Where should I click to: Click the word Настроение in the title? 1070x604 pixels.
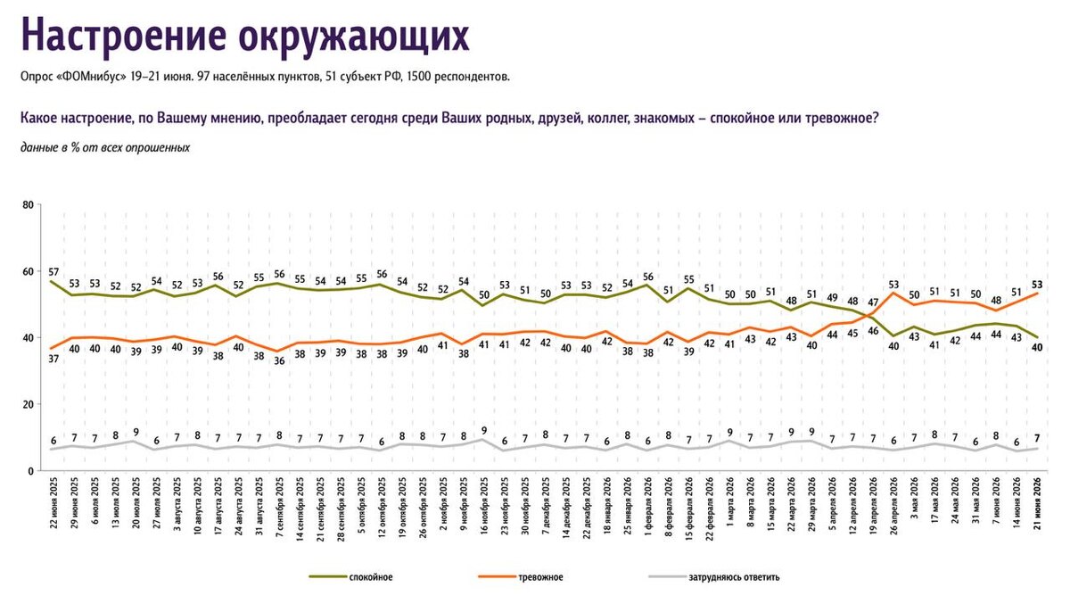pyautogui.click(x=123, y=36)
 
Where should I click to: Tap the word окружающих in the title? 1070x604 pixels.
pyautogui.click(x=354, y=37)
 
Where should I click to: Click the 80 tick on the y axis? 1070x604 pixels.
pyautogui.click(x=29, y=205)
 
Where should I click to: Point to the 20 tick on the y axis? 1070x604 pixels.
pyautogui.click(x=29, y=404)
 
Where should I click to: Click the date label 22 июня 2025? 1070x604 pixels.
pyautogui.click(x=53, y=502)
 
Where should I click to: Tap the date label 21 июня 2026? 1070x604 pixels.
pyautogui.click(x=1037, y=503)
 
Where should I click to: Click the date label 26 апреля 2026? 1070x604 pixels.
pyautogui.click(x=894, y=506)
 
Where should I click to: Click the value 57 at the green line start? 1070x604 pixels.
pyautogui.click(x=53, y=272)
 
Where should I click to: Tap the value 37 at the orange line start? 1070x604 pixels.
pyautogui.click(x=53, y=359)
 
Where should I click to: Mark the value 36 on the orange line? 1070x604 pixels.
pyautogui.click(x=279, y=361)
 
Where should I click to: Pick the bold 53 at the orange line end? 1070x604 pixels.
pyautogui.click(x=1037, y=285)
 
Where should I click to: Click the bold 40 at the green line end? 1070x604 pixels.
pyautogui.click(x=1037, y=348)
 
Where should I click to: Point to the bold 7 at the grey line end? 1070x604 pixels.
pyautogui.click(x=1037, y=438)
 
